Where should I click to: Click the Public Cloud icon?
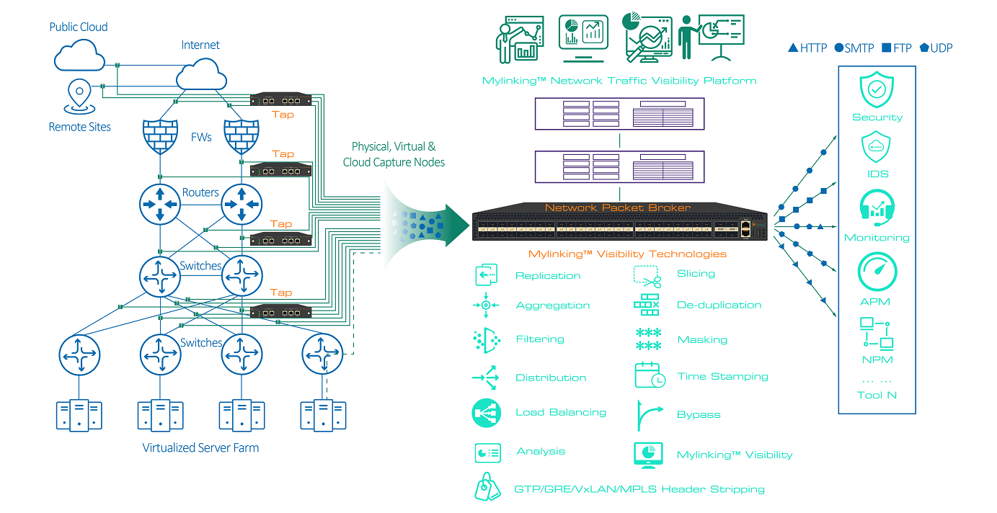[x=78, y=54]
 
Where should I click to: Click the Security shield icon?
[x=877, y=90]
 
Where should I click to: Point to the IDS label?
[x=877, y=174]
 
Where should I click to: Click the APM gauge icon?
[x=877, y=272]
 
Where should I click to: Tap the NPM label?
[x=877, y=360]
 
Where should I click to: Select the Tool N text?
[x=877, y=395]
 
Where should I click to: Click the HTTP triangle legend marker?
[x=793, y=48]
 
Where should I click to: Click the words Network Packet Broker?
[x=617, y=208]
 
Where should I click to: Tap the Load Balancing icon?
[x=487, y=413]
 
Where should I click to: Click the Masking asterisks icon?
[x=648, y=339]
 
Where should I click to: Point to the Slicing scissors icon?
[x=647, y=275]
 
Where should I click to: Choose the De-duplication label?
[x=719, y=305]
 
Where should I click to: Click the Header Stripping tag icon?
[x=487, y=488]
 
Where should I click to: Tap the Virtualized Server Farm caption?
[x=200, y=447]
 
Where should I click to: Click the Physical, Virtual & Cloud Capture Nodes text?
[x=394, y=154]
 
